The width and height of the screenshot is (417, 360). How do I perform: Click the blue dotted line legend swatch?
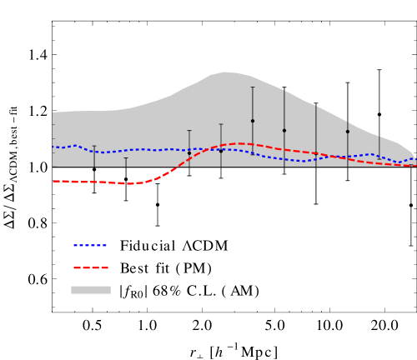[x=90, y=246]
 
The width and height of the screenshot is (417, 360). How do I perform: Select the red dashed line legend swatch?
[x=90, y=267]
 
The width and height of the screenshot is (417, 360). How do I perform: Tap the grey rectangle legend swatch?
[x=90, y=290]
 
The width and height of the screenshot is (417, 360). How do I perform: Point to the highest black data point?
[x=253, y=121]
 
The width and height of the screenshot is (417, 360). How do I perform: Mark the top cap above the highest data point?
[x=253, y=87]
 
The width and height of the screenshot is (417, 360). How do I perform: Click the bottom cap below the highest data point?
[x=253, y=155]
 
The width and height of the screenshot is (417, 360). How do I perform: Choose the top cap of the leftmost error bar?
[x=94, y=146]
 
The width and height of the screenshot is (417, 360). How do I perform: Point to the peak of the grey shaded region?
[x=225, y=72]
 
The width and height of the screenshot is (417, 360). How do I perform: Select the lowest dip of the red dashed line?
[x=129, y=183]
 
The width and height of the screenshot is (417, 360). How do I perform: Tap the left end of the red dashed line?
[x=53, y=181]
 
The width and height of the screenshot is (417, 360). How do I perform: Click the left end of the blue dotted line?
[x=53, y=147]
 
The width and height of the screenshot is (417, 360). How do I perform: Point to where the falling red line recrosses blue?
[x=334, y=157]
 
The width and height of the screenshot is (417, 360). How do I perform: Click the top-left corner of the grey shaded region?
[x=53, y=112]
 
